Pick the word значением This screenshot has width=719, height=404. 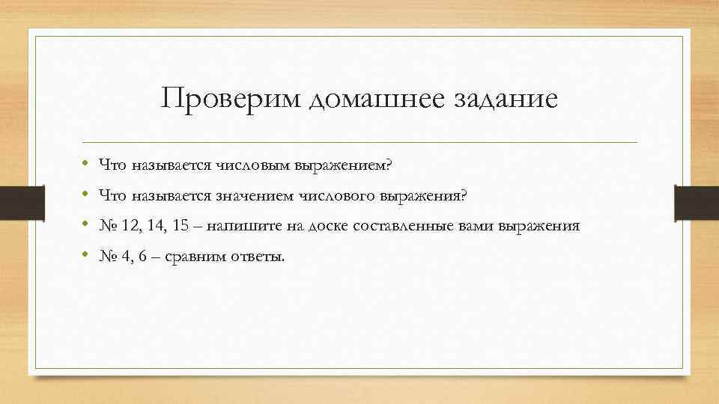coord(258,195)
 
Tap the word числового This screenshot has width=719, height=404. coord(342,195)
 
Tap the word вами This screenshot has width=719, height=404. coord(473,226)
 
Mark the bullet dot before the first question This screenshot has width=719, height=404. coord(88,165)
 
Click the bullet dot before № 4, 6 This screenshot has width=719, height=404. coord(88,257)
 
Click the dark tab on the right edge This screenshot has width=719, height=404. coord(697,203)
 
